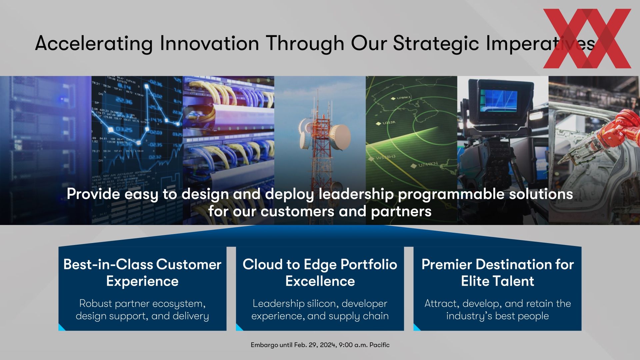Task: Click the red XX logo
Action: tap(587, 38)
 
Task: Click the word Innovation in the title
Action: tap(209, 43)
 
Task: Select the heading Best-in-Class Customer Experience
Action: tap(142, 273)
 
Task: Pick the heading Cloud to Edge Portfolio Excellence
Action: tap(320, 273)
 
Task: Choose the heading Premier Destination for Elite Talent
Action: tap(498, 273)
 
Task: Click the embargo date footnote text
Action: tap(320, 345)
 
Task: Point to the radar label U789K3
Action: tap(403, 98)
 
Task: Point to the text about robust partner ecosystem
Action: tap(142, 310)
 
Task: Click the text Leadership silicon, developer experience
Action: tap(320, 310)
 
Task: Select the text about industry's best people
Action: tap(498, 310)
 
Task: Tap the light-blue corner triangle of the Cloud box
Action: tap(238, 328)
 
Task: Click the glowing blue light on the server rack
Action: tap(62, 99)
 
